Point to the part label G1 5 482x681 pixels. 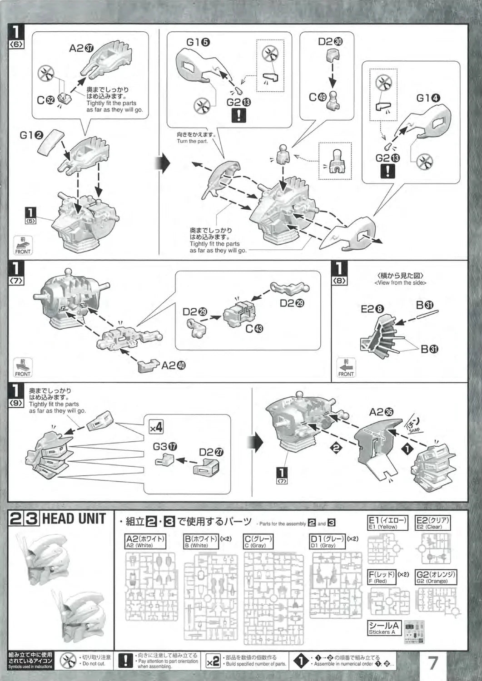198,42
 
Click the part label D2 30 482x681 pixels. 330,42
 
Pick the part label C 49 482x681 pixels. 318,97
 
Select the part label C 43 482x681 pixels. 253,328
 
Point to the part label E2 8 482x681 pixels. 372,309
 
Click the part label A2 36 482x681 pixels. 381,412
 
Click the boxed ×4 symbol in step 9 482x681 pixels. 156,427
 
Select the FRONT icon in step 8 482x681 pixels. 346,368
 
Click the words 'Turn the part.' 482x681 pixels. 192,141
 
